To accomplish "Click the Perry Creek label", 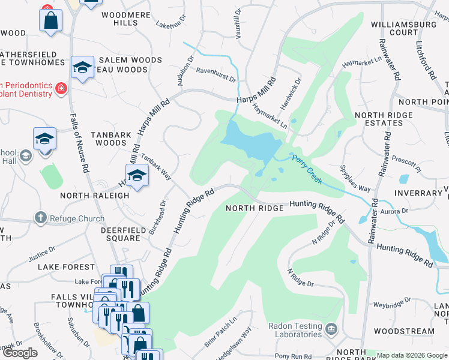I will pos(307,169).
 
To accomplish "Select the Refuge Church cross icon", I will pos(40,218).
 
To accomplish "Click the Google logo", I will pos(19,353).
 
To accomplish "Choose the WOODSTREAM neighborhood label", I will pos(403,331).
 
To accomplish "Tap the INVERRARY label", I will pos(418,193).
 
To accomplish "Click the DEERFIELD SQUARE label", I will pos(112,233).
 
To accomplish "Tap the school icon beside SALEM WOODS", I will pos(82,68).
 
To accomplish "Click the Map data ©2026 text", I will pos(412,355).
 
